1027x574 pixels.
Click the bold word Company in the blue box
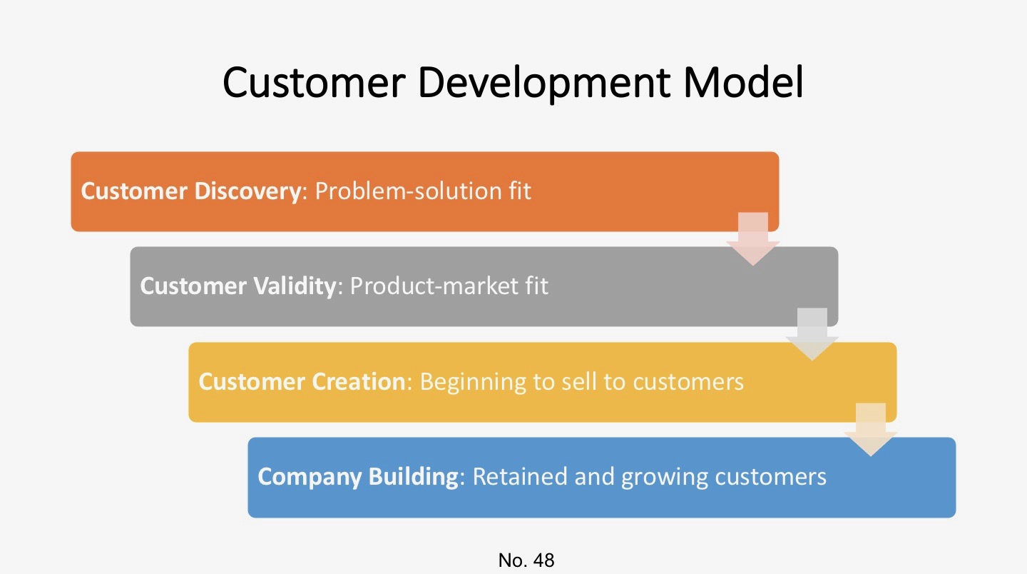[310, 476]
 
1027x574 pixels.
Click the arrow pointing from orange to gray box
[752, 239]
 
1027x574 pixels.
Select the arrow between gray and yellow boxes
[812, 334]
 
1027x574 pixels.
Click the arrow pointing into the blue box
[870, 429]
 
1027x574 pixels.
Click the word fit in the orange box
[520, 191]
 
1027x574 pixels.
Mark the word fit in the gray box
[536, 286]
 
